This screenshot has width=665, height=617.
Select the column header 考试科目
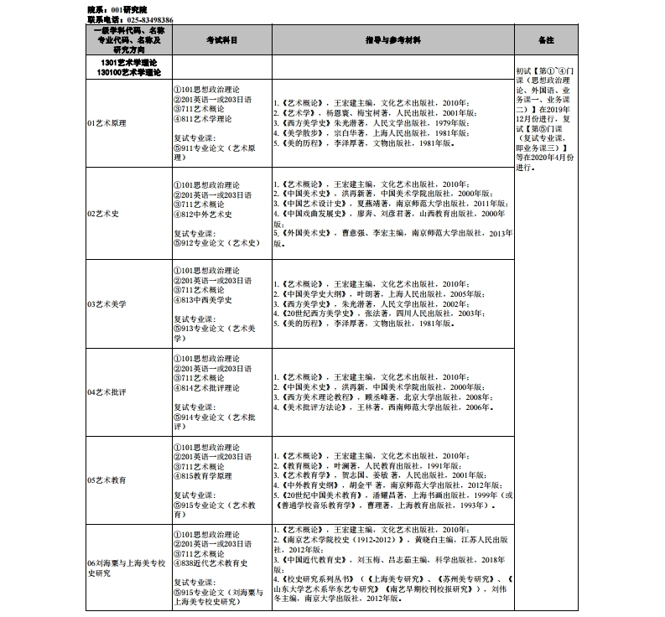pyautogui.click(x=221, y=40)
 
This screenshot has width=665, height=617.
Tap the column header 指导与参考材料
pyautogui.click(x=392, y=40)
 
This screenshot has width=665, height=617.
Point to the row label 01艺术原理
pyautogui.click(x=107, y=123)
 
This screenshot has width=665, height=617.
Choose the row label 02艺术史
pyautogui.click(x=103, y=213)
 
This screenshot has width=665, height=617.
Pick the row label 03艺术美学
pyautogui.click(x=107, y=303)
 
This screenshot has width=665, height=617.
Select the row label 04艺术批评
pyautogui.click(x=107, y=392)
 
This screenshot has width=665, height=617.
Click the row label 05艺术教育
pyautogui.click(x=107, y=480)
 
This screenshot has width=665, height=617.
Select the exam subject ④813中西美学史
pyautogui.click(x=206, y=300)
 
